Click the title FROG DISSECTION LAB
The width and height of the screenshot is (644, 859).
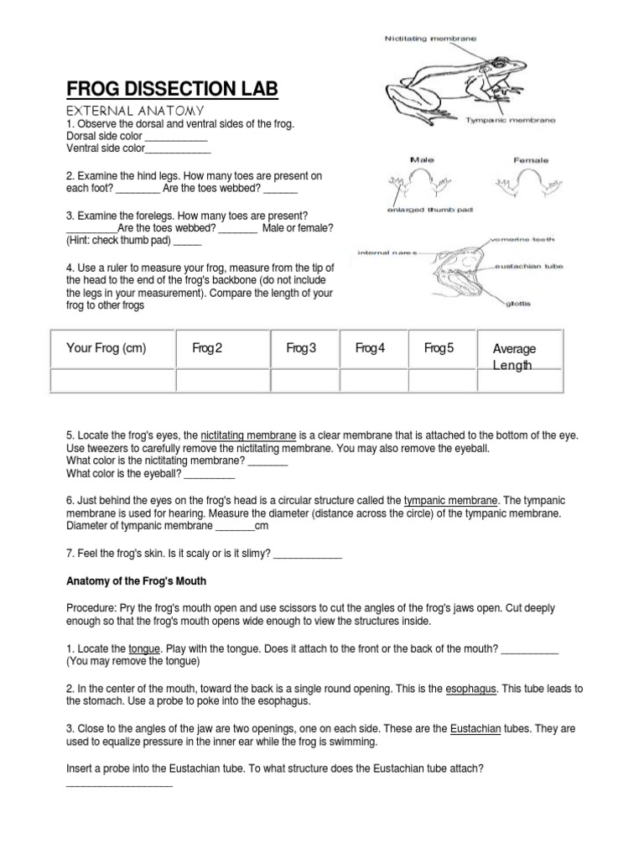tap(172, 90)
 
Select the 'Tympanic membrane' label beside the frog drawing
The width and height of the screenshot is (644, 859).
tap(511, 120)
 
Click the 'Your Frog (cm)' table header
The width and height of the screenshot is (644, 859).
tap(106, 349)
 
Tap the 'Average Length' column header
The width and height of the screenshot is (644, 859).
tap(515, 357)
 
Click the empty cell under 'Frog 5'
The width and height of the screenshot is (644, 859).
tap(442, 381)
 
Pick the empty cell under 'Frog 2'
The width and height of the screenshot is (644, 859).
tap(221, 381)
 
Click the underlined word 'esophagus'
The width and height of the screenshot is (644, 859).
tap(470, 689)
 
